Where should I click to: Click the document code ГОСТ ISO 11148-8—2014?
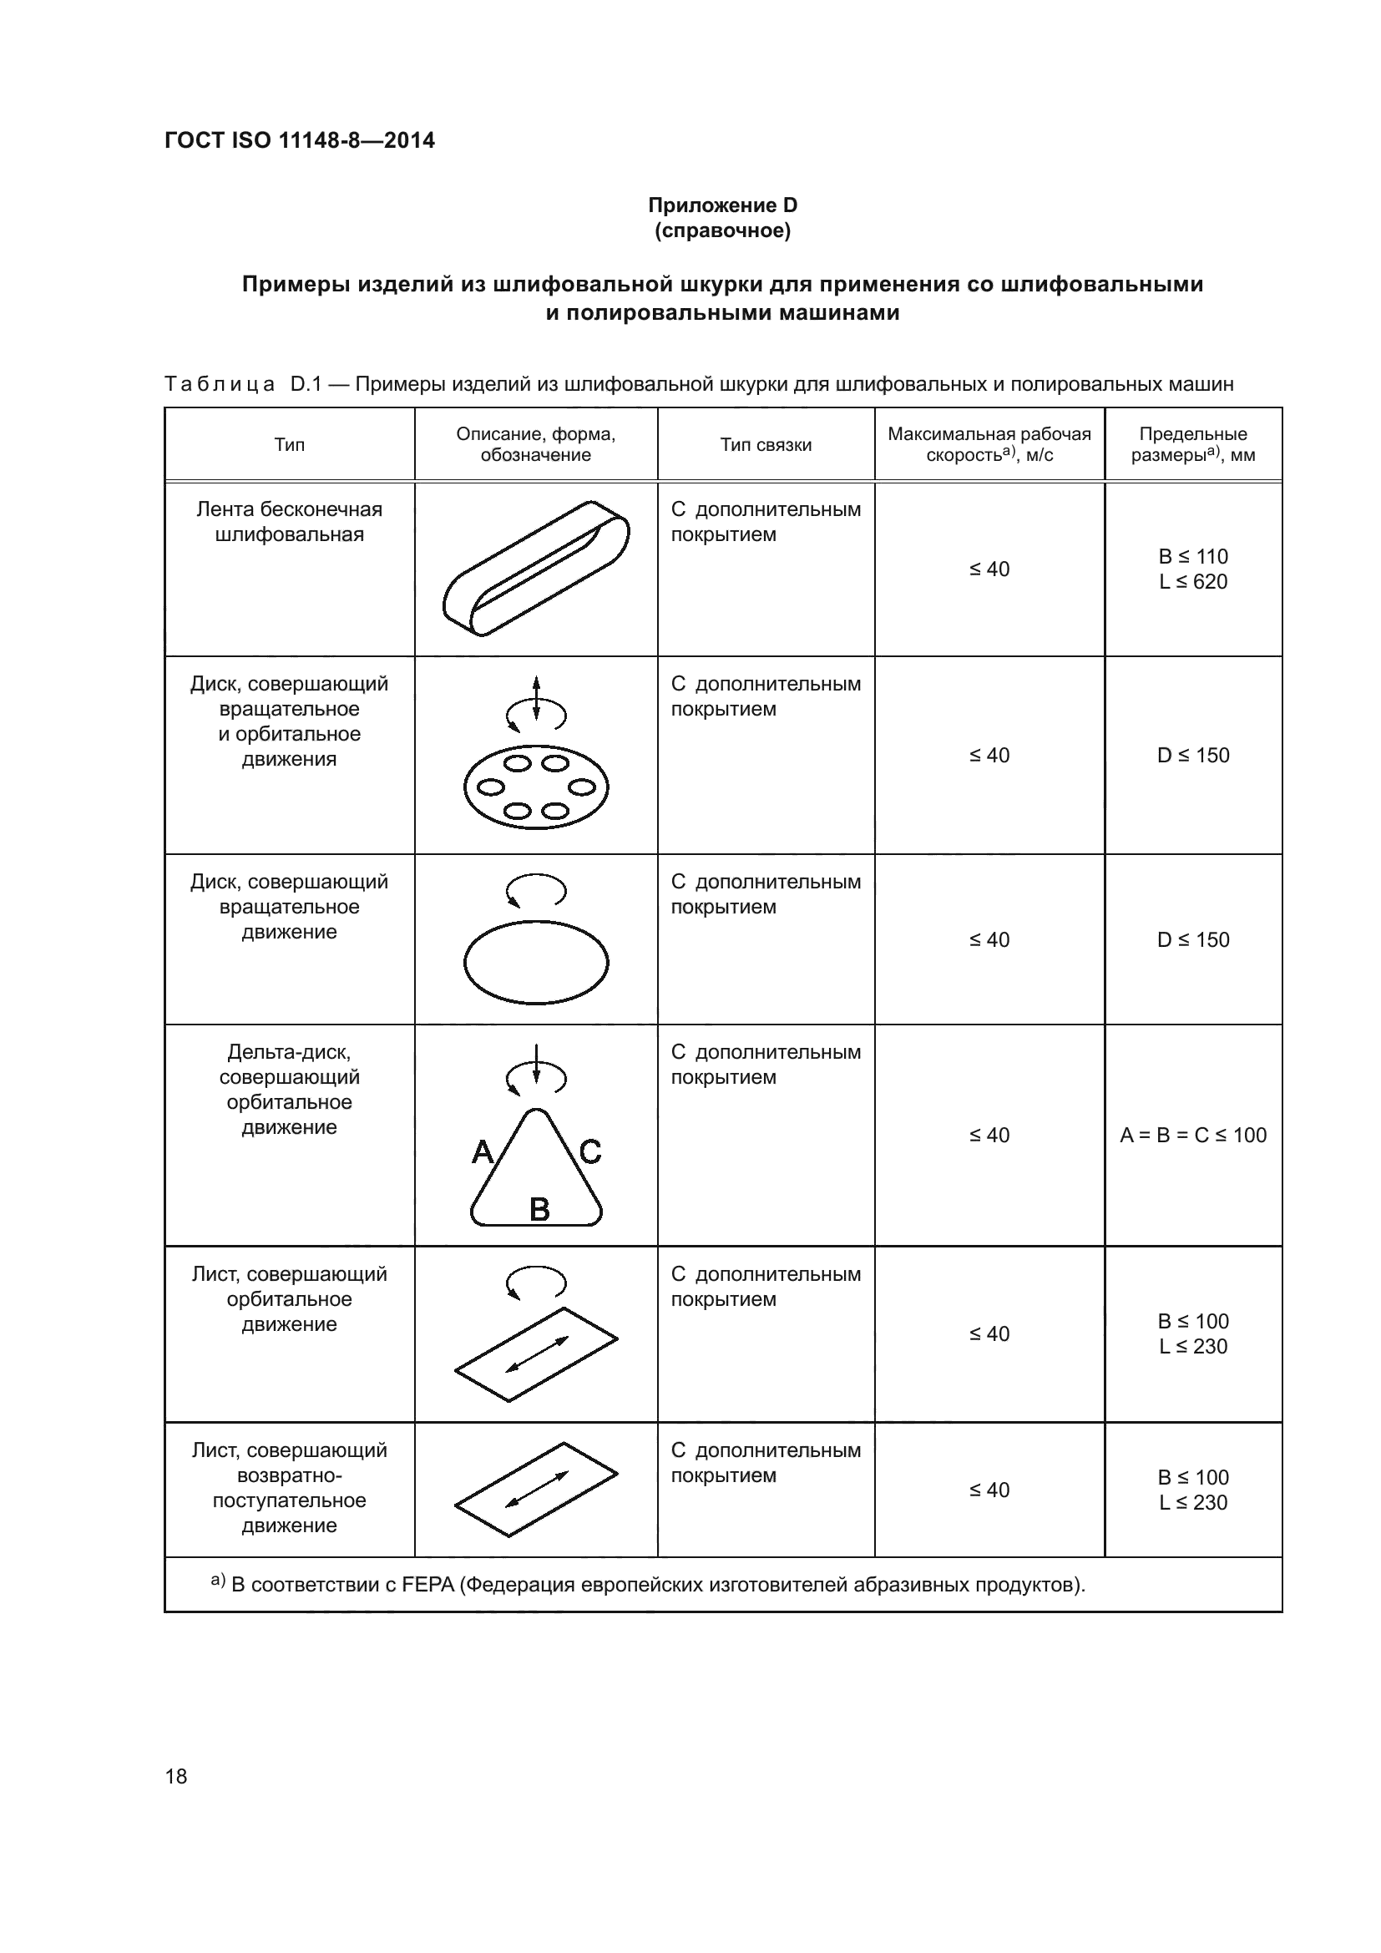(x=300, y=140)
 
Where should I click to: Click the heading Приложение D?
(x=722, y=205)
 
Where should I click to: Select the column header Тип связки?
(x=766, y=444)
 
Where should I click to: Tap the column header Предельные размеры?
(x=1192, y=444)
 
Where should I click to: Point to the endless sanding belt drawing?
(x=536, y=569)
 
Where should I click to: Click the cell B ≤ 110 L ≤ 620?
(x=1192, y=569)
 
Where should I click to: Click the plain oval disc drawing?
(x=536, y=962)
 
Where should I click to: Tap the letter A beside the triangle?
(x=482, y=1152)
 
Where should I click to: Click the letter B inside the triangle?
(x=539, y=1209)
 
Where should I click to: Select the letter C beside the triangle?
(x=590, y=1152)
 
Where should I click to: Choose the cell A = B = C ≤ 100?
(x=1192, y=1135)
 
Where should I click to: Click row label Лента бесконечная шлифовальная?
(x=289, y=521)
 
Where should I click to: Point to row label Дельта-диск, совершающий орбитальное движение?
(x=289, y=1089)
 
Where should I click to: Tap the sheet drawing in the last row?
(x=536, y=1490)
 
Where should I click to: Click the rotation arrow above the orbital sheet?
(x=536, y=1283)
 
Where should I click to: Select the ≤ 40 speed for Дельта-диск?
(x=989, y=1135)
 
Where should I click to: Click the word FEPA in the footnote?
(x=428, y=1585)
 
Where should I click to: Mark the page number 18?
(x=176, y=1776)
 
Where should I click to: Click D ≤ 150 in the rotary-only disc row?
(x=1192, y=940)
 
